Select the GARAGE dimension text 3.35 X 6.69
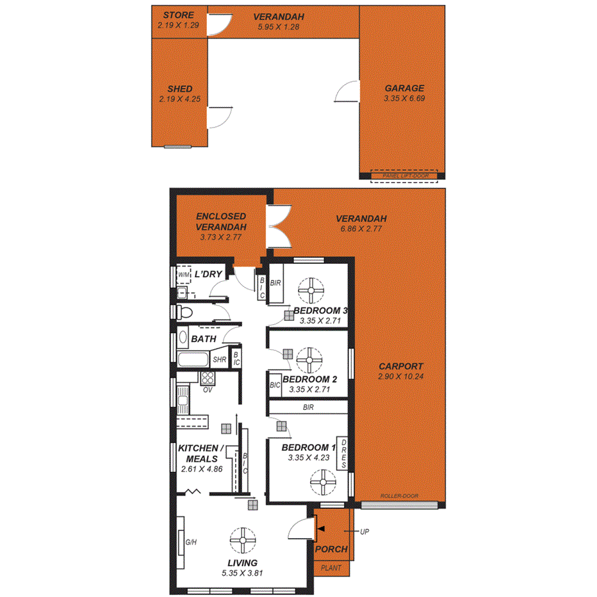404,99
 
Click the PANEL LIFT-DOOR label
404,176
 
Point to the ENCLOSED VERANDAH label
222,222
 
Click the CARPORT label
400,366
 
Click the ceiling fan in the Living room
243,540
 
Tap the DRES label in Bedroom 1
343,454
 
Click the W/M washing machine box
184,275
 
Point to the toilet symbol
185,313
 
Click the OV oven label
208,389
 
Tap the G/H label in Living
190,543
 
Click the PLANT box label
331,568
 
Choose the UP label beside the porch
364,532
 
